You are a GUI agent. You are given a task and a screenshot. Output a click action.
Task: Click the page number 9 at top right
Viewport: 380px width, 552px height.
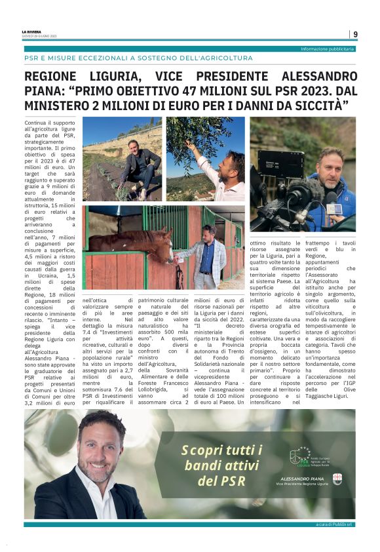pos(355,34)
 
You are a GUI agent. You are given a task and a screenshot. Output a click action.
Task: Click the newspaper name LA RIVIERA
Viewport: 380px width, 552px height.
pos(32,31)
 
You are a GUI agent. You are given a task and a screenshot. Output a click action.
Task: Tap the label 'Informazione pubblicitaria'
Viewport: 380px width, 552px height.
pos(328,49)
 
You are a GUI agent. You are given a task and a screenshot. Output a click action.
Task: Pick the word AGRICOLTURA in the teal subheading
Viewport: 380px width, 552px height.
pos(220,58)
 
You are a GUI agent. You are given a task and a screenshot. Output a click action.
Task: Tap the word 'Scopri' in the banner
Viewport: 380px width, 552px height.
pos(200,450)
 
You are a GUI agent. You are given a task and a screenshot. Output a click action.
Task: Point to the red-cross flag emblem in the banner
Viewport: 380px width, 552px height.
pos(337,479)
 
